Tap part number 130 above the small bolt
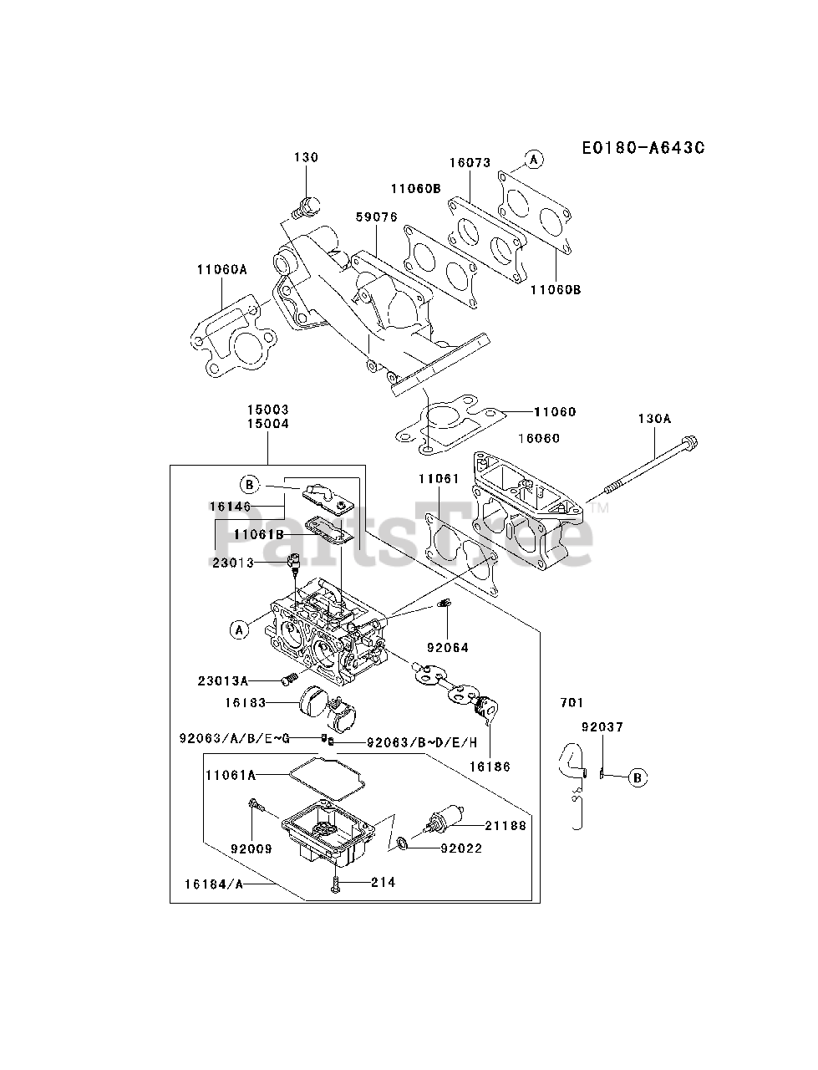click(306, 157)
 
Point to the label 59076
click(376, 217)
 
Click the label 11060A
click(222, 269)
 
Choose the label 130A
click(654, 419)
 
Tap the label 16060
click(539, 438)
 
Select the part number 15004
click(267, 423)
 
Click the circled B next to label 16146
click(249, 484)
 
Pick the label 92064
click(448, 647)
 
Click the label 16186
click(490, 766)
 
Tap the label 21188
click(506, 825)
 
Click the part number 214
click(384, 882)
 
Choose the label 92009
click(251, 848)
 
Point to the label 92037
click(603, 727)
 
